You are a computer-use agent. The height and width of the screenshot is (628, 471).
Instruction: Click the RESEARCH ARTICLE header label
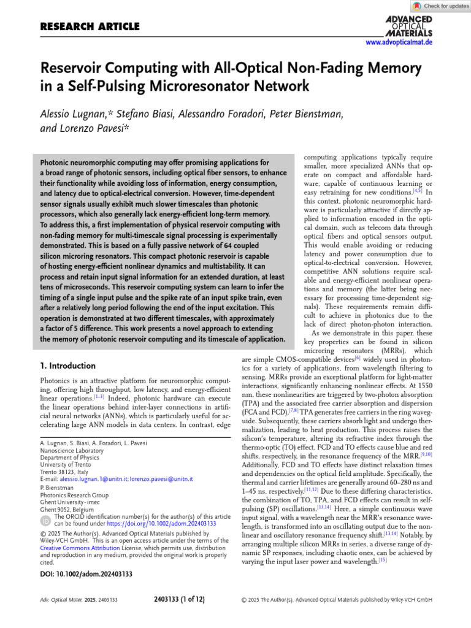(x=90, y=26)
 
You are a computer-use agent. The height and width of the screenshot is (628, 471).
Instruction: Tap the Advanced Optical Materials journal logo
(x=408, y=26)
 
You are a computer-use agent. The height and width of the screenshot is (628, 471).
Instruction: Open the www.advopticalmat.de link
(x=399, y=42)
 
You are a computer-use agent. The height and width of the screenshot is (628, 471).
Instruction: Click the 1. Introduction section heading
(x=67, y=366)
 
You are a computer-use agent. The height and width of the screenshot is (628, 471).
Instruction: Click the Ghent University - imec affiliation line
(x=74, y=502)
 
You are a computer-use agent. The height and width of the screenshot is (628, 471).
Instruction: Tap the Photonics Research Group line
(x=74, y=495)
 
